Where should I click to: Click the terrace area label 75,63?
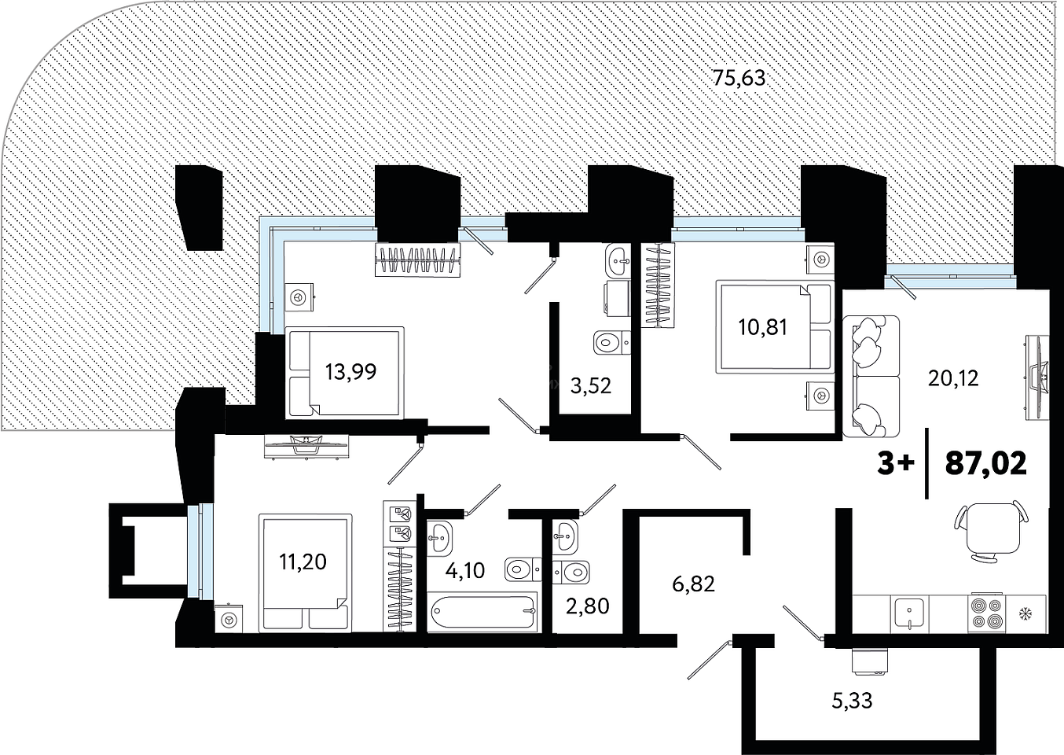[x=739, y=78]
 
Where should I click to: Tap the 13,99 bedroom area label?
[x=351, y=371]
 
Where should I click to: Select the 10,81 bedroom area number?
[x=763, y=327]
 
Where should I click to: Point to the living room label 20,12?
[x=953, y=378]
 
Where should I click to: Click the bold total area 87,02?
[x=986, y=463]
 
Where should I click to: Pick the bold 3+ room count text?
[x=896, y=463]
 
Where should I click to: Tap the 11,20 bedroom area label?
[x=303, y=562]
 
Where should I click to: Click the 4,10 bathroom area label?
[x=465, y=570]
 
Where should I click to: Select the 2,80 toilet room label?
[x=588, y=606]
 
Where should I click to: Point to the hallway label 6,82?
[x=694, y=584]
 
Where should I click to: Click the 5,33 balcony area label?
[x=852, y=701]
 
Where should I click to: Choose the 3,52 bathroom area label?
[x=591, y=386]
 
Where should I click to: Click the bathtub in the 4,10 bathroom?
[x=482, y=611]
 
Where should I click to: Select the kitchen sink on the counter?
[x=909, y=613]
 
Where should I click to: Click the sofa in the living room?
[x=871, y=376]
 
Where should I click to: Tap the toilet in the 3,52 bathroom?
[x=612, y=342]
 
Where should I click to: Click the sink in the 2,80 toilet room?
[x=565, y=537]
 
